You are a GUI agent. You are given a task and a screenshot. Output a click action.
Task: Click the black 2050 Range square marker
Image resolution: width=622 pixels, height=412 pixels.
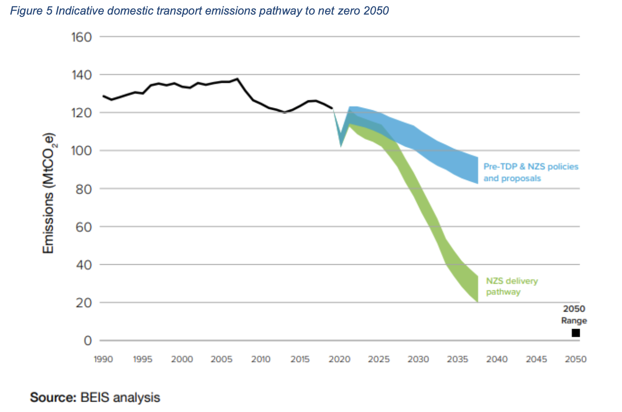click(x=576, y=333)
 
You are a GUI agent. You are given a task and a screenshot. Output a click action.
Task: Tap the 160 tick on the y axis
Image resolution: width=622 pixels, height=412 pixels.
click(x=82, y=37)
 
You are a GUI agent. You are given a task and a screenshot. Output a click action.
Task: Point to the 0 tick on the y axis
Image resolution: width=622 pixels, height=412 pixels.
click(x=87, y=340)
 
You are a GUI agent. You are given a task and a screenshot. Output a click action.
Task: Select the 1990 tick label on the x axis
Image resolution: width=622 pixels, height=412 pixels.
click(x=103, y=359)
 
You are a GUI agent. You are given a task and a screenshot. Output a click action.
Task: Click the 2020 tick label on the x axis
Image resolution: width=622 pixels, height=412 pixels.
click(x=340, y=359)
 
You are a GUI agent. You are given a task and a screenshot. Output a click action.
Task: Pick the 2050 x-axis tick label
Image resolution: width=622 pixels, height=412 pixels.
click(x=576, y=359)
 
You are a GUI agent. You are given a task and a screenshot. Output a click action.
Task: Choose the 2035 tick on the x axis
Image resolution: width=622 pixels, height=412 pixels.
click(x=458, y=359)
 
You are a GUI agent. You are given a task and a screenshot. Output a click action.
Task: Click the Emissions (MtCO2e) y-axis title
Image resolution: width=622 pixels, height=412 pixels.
click(x=49, y=193)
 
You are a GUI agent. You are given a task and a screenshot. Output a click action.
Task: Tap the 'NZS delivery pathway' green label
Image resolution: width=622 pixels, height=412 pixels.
click(x=511, y=286)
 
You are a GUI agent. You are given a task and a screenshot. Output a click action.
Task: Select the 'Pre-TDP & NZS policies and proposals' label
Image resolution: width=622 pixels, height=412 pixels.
click(x=530, y=172)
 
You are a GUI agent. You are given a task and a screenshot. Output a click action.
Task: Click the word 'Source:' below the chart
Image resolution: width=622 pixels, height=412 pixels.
click(x=53, y=397)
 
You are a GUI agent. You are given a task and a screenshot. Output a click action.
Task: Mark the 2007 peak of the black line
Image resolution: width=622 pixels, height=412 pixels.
click(x=237, y=79)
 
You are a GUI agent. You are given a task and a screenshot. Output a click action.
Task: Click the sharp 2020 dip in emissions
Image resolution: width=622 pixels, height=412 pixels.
click(x=341, y=146)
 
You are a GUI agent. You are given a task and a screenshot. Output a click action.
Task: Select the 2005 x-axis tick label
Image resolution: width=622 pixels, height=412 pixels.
click(x=222, y=359)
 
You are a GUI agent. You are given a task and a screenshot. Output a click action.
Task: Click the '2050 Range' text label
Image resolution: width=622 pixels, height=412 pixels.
click(x=574, y=314)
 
